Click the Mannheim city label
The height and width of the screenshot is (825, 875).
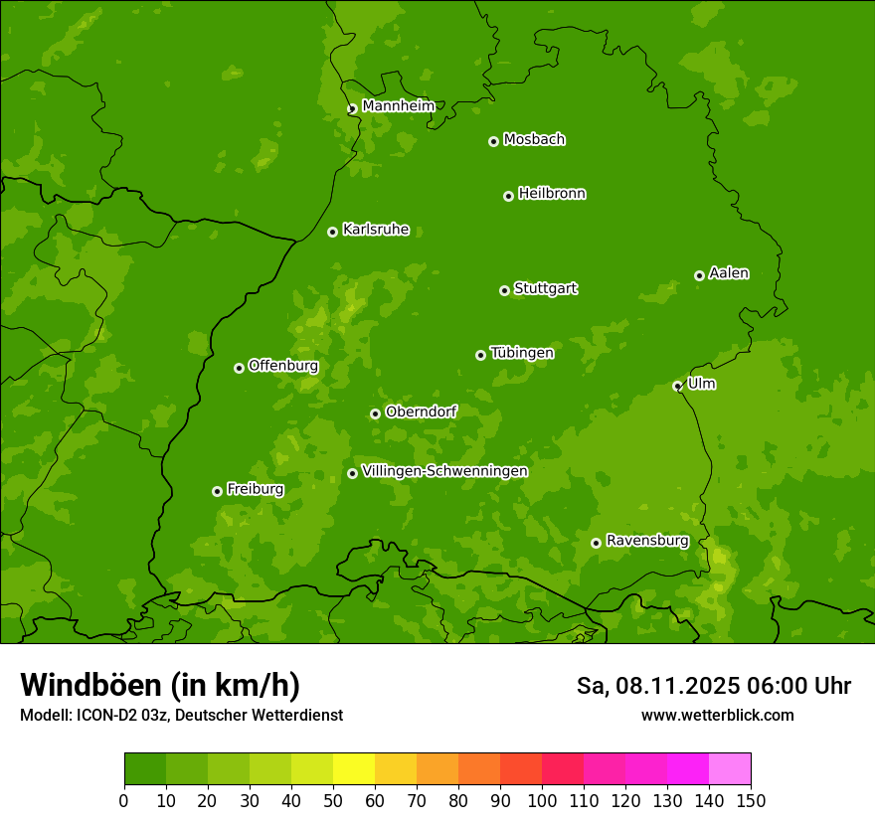398,106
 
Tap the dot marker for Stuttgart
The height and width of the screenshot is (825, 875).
504,290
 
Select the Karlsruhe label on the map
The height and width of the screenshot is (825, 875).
375,230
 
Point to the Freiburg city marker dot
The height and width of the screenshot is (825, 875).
217,491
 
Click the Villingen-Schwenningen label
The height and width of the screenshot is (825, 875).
444,471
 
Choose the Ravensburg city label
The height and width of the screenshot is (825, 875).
646,541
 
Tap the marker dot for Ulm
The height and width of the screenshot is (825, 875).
677,386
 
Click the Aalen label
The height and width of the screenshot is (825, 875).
728,273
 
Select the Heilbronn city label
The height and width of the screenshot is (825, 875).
551,194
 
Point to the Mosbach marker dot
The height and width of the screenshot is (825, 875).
493,141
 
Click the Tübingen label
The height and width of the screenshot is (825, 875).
521,353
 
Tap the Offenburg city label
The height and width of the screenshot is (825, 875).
282,366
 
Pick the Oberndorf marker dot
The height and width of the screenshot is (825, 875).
375,413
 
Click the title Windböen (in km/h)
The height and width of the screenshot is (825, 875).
159,685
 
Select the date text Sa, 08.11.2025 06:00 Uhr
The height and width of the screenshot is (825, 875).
713,686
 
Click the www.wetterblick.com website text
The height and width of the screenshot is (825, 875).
717,715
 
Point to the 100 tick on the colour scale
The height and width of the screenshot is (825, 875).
542,799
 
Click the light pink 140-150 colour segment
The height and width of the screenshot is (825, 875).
730,769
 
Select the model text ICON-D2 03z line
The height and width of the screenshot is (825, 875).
181,715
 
